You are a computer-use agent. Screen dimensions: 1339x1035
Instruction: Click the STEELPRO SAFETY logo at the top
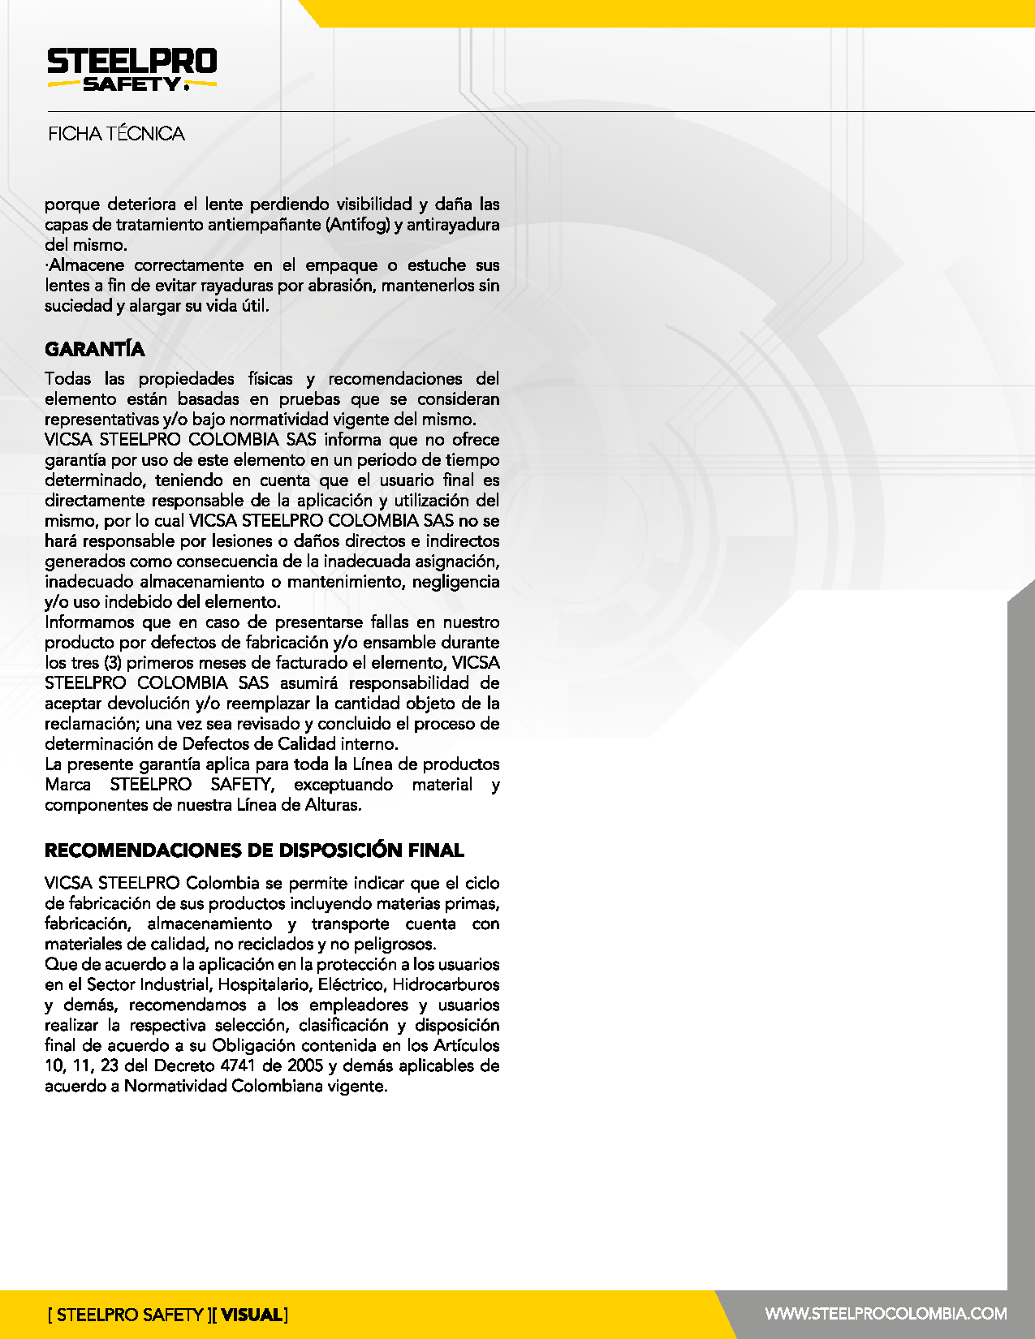pos(132,70)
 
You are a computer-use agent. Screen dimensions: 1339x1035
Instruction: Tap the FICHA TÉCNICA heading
pos(116,134)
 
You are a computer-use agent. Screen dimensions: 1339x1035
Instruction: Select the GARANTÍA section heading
pos(94,350)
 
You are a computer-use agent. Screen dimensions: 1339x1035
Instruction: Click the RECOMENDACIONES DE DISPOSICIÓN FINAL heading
pos(254,850)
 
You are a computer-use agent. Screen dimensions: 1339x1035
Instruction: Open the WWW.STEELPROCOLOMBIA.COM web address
pos(886,1314)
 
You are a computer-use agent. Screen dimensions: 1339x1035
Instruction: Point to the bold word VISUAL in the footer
pos(252,1315)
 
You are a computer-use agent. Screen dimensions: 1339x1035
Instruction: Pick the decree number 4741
pos(238,1066)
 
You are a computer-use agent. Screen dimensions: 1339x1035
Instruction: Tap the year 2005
pos(305,1066)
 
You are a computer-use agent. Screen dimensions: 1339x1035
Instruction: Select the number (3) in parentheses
pos(112,663)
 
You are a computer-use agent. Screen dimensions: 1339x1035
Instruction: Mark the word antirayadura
pos(453,225)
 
